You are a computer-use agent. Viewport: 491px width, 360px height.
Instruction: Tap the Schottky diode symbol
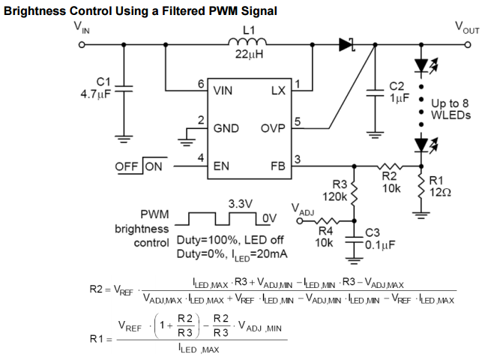tap(346, 44)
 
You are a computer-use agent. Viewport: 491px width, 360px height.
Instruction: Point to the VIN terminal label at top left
tap(79, 28)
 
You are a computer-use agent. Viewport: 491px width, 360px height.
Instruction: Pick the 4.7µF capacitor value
tap(95, 94)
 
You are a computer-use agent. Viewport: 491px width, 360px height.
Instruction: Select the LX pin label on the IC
tap(279, 91)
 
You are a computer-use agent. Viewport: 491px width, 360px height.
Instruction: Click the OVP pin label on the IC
tap(274, 128)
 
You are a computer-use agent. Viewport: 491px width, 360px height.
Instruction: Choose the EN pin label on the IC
tap(222, 166)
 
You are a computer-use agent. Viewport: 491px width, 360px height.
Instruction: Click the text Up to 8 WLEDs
tap(451, 110)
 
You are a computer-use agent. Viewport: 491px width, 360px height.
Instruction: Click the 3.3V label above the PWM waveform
tap(241, 203)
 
